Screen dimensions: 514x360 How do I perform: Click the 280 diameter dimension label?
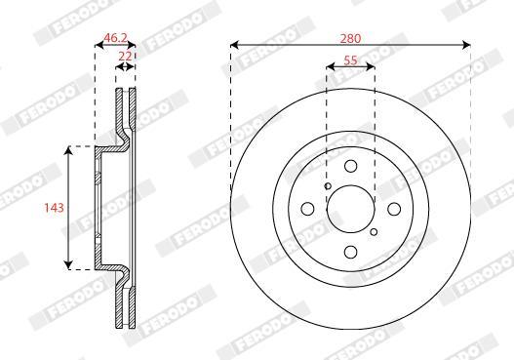(x=350, y=39)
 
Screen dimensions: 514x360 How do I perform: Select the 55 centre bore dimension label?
(x=350, y=60)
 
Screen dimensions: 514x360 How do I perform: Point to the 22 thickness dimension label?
(x=125, y=56)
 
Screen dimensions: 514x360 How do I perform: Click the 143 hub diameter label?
(x=54, y=208)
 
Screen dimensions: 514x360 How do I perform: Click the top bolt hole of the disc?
(x=351, y=166)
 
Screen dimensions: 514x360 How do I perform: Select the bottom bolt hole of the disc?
(x=351, y=252)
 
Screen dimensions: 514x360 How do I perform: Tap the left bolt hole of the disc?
(x=307, y=209)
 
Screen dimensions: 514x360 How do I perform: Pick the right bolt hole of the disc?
(x=394, y=209)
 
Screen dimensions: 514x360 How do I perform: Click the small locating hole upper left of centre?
(x=328, y=186)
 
